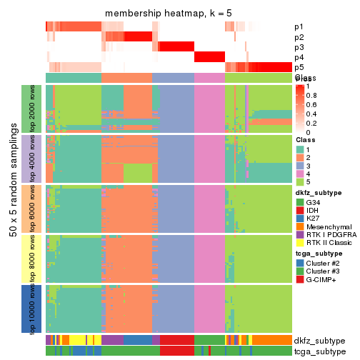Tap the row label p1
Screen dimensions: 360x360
click(299, 27)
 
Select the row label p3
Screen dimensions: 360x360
click(299, 47)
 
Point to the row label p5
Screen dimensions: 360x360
click(299, 67)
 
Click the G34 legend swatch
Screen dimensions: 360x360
click(300, 202)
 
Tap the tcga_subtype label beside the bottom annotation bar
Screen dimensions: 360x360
click(319, 351)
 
